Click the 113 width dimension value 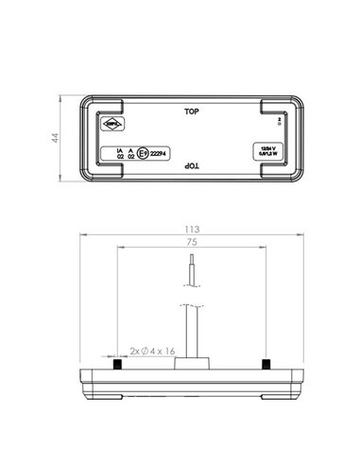tap(192, 227)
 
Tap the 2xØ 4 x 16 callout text tap(152, 351)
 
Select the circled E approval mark tap(143, 153)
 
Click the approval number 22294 tap(163, 153)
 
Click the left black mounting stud tap(114, 365)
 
